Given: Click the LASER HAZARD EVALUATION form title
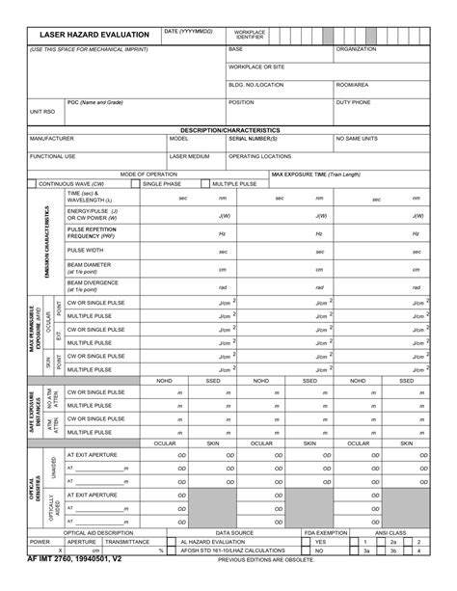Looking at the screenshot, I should point(94,35).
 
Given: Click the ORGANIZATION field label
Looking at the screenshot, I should point(356,48).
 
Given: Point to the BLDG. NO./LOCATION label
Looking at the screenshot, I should point(255,85).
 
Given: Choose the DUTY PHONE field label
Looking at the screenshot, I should point(353,102).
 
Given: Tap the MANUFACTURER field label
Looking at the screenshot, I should point(52,138).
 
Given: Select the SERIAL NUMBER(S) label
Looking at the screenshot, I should point(254,138).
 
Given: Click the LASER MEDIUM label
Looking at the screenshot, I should point(189,155).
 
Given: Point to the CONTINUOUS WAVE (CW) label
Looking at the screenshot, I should point(70,182).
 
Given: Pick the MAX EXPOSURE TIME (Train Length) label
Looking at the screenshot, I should point(315,175).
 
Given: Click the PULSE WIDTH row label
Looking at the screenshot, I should point(86,250).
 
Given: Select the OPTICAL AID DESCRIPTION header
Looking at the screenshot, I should point(98,532).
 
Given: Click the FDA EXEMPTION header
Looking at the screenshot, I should point(325,532).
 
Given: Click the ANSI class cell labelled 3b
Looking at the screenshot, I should point(392,551).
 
